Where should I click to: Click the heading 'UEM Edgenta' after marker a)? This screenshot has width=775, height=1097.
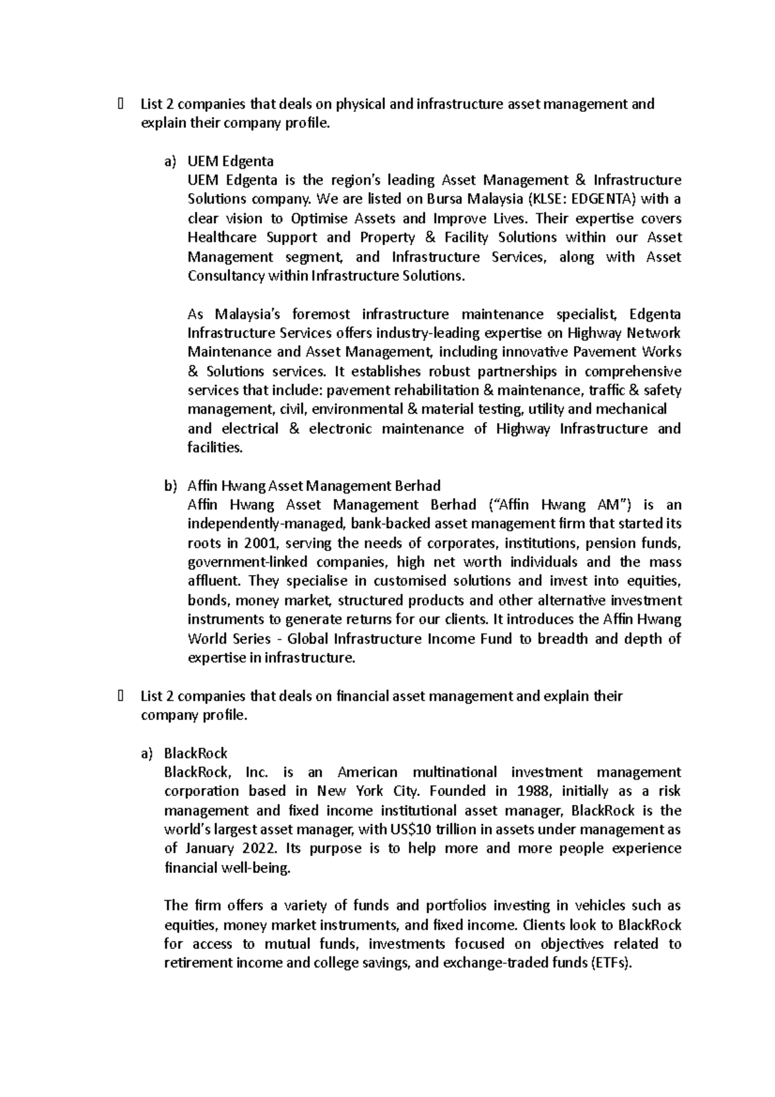click(230, 161)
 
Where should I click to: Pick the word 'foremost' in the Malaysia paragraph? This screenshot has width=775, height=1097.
click(321, 314)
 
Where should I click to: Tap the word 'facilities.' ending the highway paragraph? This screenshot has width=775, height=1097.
click(215, 448)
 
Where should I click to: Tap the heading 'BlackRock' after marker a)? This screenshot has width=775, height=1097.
click(196, 753)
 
